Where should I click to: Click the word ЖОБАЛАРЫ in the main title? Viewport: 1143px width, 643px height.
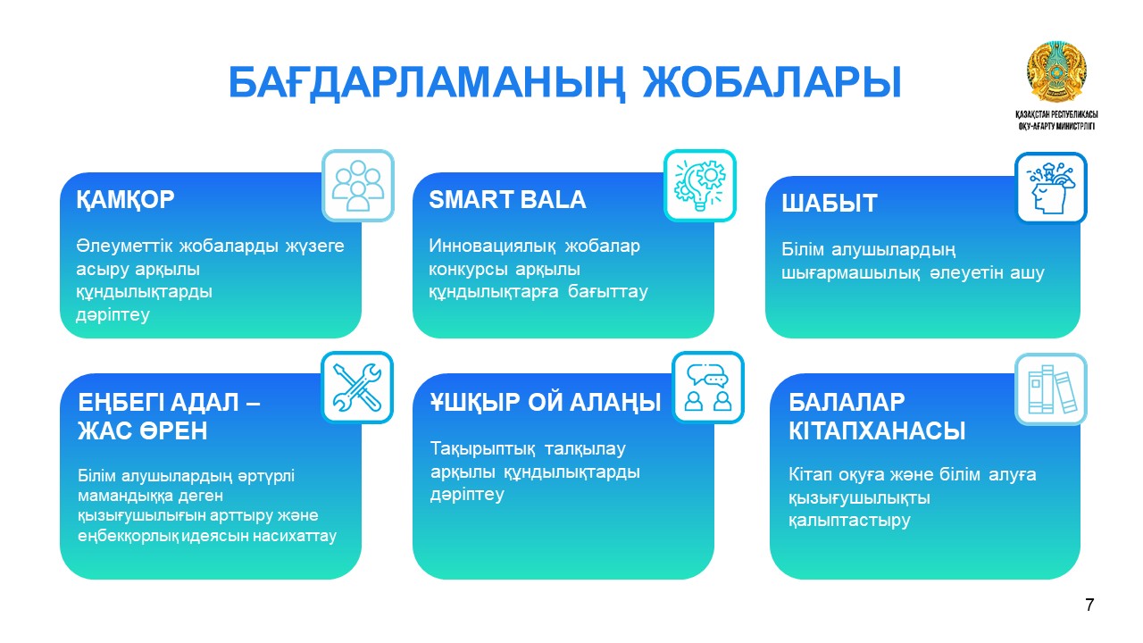772,82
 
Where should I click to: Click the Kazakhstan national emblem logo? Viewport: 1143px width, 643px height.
1056,72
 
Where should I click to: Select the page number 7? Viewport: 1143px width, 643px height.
1089,605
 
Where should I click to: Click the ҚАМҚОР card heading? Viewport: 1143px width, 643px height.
125,199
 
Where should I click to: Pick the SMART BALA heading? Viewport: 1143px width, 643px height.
507,199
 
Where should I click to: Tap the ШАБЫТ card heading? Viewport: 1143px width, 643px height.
830,203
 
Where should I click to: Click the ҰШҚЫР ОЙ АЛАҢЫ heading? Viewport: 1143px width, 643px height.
545,403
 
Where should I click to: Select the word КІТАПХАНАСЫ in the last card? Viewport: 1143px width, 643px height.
877,431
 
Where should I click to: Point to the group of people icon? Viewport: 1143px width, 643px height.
358,186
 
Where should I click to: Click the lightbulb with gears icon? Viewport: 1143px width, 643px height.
699,186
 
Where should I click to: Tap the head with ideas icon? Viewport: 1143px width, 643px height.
1051,188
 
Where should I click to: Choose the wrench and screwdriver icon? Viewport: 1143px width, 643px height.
357,388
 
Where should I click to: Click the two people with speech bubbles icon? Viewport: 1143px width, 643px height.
708,388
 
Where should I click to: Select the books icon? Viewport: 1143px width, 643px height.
1051,389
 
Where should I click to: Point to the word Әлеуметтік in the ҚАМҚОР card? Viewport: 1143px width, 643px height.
124,246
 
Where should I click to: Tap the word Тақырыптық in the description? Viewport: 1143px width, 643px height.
483,449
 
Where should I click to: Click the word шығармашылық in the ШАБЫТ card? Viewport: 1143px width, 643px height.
851,273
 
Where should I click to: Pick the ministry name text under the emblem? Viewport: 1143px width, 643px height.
1056,121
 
